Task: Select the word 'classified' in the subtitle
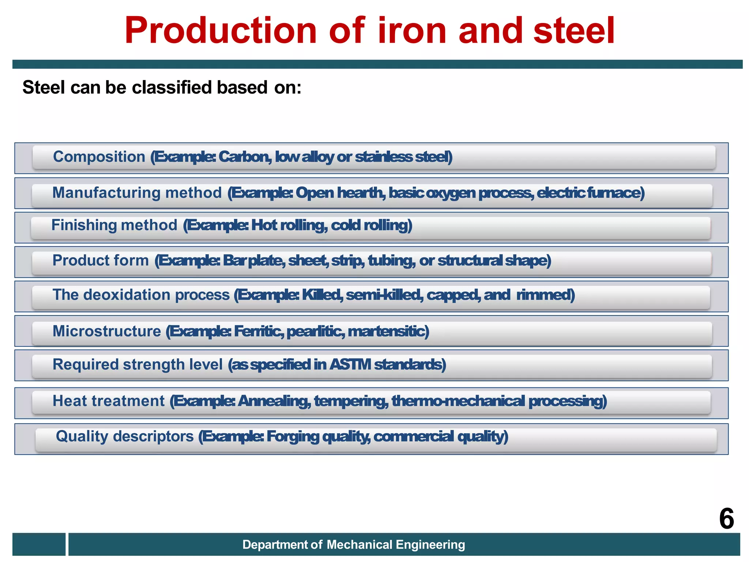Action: (x=172, y=87)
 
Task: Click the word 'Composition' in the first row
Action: (x=99, y=157)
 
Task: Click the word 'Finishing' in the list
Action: (x=84, y=225)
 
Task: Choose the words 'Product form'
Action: (x=101, y=260)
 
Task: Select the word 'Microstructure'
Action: (x=106, y=331)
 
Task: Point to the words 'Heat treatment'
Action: (x=109, y=401)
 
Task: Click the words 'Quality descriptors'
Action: (x=124, y=436)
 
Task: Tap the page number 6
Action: (x=726, y=519)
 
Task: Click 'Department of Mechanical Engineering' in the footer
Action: (x=353, y=544)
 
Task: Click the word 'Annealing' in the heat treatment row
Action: (x=274, y=401)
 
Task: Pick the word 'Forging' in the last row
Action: (x=293, y=437)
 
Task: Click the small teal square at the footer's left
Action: (x=39, y=544)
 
